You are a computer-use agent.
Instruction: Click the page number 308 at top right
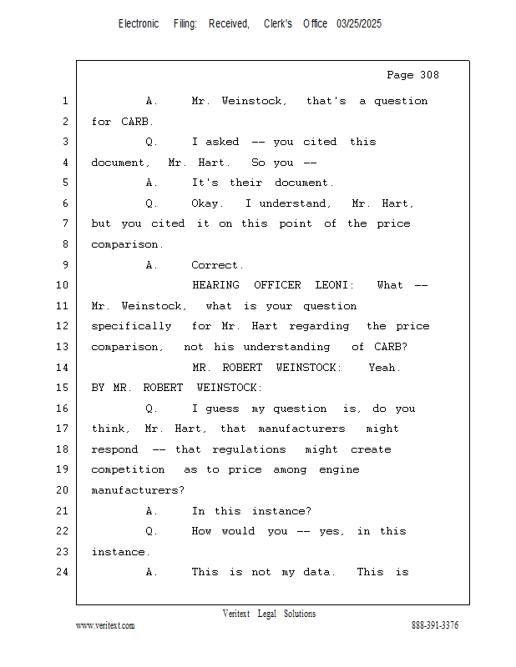(427, 75)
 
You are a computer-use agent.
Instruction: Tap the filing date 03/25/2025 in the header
(359, 24)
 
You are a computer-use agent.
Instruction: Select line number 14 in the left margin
(64, 368)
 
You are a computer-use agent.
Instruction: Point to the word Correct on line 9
(216, 265)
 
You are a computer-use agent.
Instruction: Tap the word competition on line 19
(128, 470)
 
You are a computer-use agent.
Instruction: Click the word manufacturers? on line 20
(138, 490)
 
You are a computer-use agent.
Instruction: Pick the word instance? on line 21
(282, 511)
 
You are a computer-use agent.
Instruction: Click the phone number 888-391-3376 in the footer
(435, 625)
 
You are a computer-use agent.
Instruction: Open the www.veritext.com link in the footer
(105, 625)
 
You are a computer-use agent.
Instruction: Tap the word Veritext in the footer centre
(236, 614)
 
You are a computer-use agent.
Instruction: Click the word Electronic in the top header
(139, 24)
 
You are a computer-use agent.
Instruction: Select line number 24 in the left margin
(64, 573)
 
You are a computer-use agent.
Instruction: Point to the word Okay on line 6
(208, 203)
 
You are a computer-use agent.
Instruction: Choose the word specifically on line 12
(131, 326)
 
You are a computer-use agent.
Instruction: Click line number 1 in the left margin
(64, 102)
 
